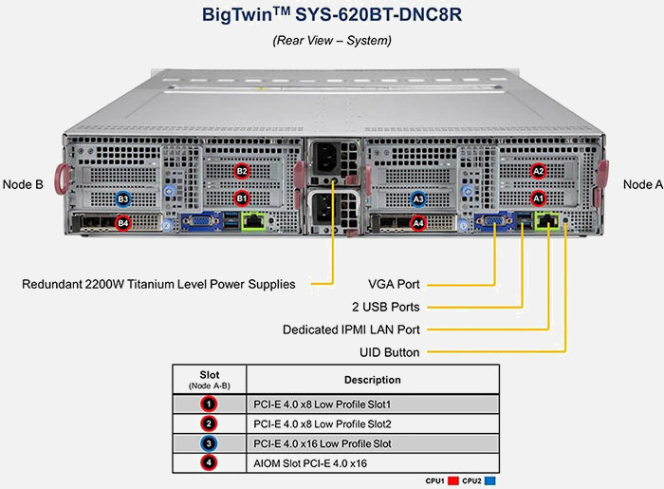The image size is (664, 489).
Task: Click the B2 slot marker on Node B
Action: point(242,171)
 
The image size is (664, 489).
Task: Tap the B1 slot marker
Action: point(242,198)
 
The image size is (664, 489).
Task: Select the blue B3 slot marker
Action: point(122,198)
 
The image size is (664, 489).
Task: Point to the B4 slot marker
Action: point(122,224)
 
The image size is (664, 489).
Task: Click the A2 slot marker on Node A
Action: point(539,171)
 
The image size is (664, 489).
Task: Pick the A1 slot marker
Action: point(539,198)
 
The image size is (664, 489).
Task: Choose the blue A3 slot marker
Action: point(419,198)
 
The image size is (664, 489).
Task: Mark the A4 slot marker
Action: point(419,224)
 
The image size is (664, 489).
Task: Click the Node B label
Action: point(24,185)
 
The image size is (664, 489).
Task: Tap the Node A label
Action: point(642,185)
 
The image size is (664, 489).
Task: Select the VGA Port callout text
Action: point(394,284)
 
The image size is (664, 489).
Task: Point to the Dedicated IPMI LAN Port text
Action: point(351,329)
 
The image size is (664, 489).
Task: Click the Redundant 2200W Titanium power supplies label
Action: point(158,284)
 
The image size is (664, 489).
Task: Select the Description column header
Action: point(372,380)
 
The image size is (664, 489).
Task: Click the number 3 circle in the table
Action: point(209,442)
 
